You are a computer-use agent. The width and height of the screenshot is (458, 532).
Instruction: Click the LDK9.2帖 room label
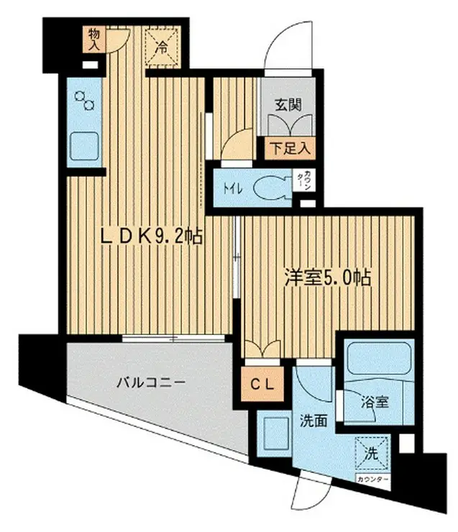(150, 234)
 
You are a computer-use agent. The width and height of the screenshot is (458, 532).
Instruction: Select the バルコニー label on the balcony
(147, 383)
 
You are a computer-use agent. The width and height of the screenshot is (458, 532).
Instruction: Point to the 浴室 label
(375, 402)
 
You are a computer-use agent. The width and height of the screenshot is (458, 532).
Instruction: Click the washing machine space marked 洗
(372, 454)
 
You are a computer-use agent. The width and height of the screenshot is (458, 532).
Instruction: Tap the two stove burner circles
(86, 101)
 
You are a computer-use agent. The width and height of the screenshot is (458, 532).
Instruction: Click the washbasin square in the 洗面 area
(275, 434)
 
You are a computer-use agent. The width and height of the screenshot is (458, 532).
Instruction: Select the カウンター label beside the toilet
(307, 180)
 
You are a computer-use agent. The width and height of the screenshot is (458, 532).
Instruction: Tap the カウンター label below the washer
(371, 478)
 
